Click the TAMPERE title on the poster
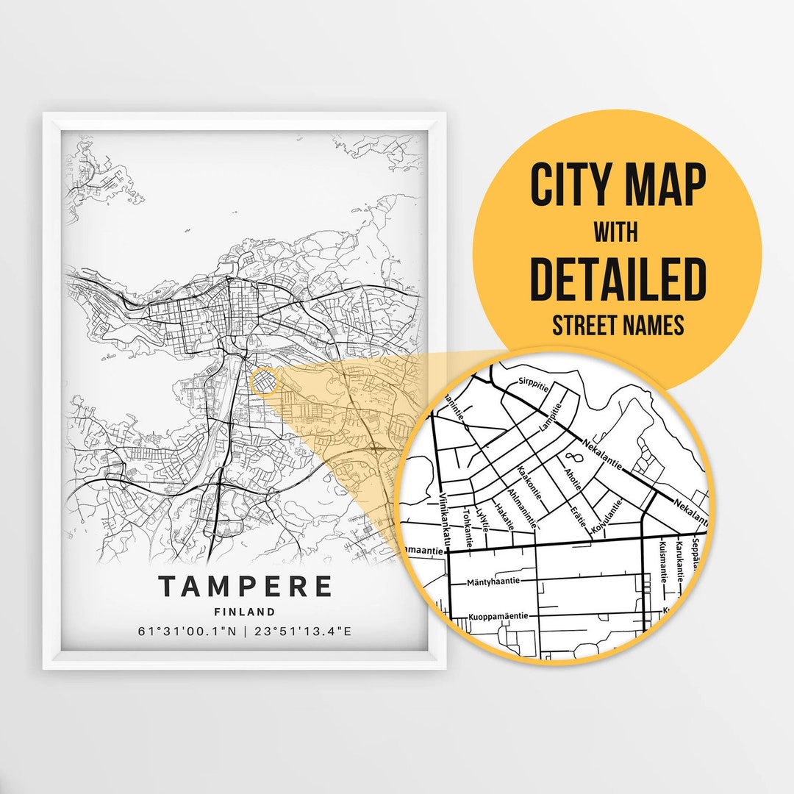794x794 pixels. coord(245,587)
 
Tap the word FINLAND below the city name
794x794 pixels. coord(245,612)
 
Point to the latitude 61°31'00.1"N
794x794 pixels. coord(187,631)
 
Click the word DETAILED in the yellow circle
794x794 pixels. coord(618,280)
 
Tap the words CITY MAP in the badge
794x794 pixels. coord(618,187)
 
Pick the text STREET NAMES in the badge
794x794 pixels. coord(618,326)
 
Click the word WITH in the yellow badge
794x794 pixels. coord(616,233)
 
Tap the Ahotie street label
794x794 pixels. coord(573,474)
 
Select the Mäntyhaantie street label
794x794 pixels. coord(493,581)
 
